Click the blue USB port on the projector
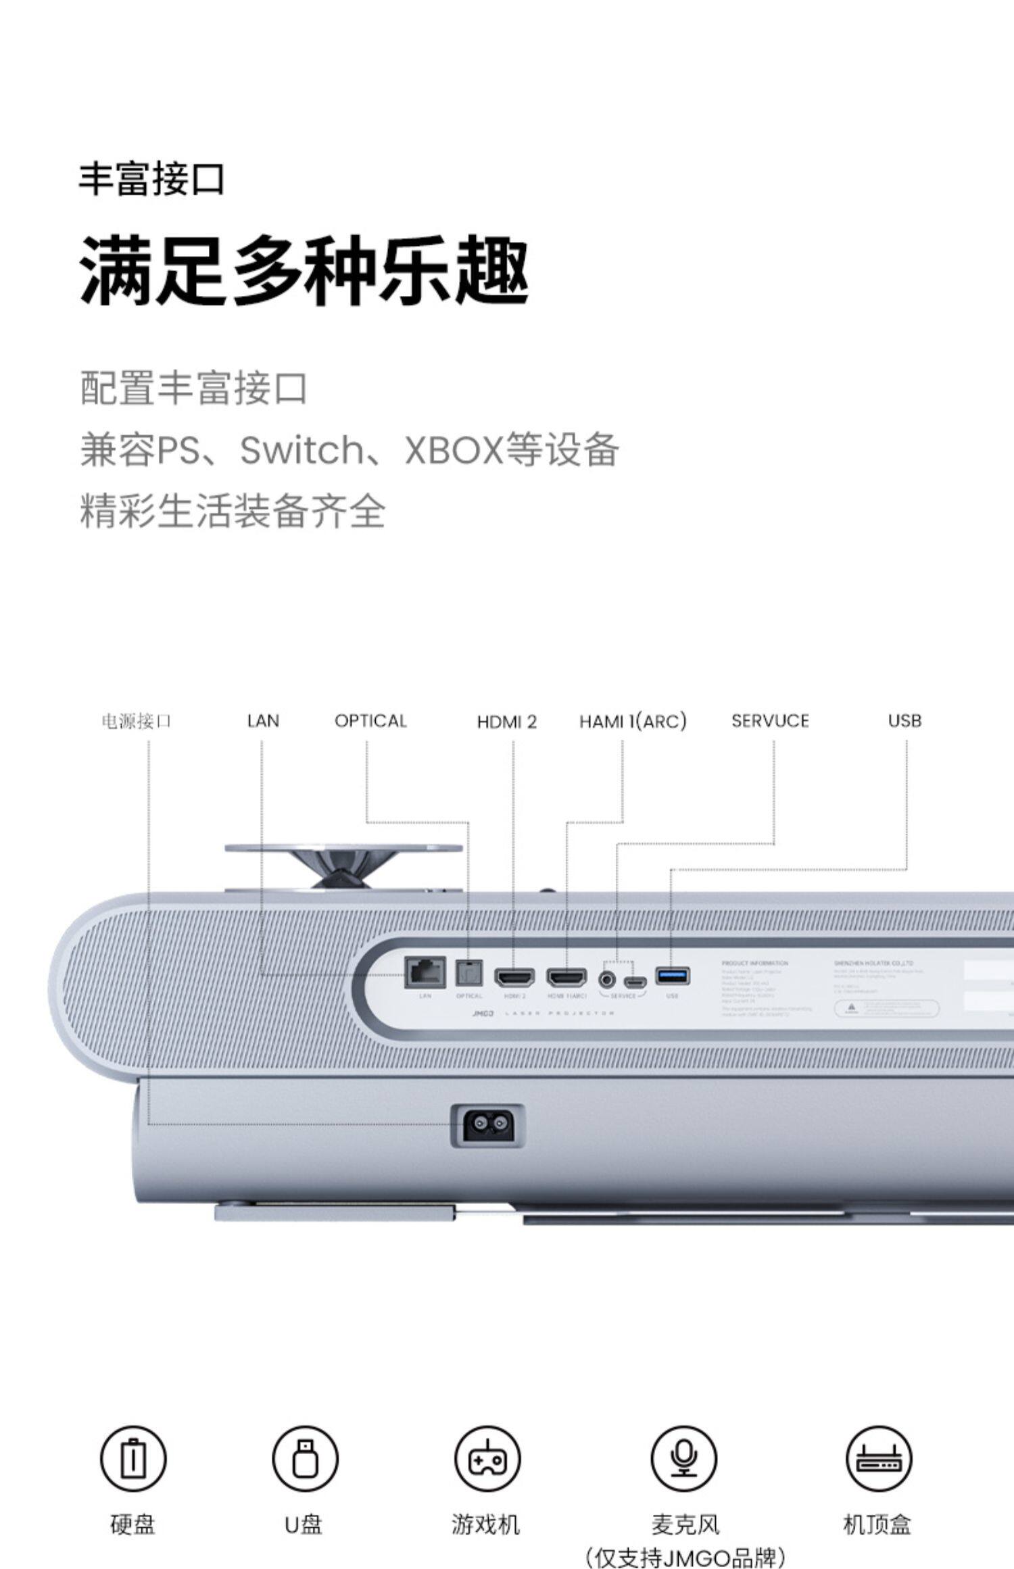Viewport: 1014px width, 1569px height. pyautogui.click(x=672, y=976)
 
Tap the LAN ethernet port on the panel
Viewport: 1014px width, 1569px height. pyautogui.click(x=425, y=973)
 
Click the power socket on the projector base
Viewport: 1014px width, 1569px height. pyautogui.click(x=487, y=1125)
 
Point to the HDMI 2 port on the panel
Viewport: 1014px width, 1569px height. pyautogui.click(x=514, y=976)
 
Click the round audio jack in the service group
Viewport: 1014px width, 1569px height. pyautogui.click(x=608, y=978)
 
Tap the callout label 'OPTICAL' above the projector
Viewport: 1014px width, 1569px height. pyautogui.click(x=370, y=721)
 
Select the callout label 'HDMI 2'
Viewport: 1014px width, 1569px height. pyautogui.click(x=506, y=722)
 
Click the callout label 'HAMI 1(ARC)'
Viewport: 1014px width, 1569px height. pyautogui.click(x=633, y=722)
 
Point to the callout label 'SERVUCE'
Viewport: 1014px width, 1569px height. pyautogui.click(x=770, y=721)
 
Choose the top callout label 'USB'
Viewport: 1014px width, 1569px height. pyautogui.click(x=904, y=721)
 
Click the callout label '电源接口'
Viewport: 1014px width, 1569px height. pyautogui.click(x=136, y=722)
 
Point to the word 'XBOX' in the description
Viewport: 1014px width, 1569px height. pyautogui.click(x=454, y=449)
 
